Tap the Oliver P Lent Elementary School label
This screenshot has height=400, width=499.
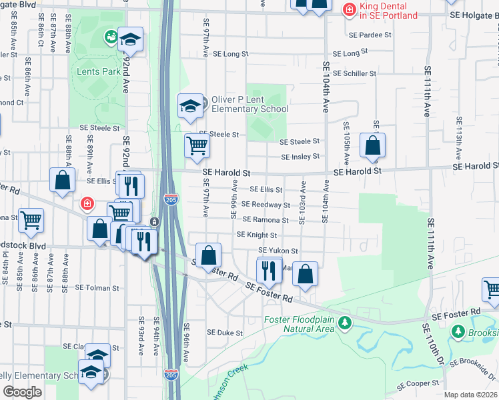point(249,104)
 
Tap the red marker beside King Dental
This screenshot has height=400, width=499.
point(348,9)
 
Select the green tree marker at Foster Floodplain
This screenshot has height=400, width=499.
point(344,324)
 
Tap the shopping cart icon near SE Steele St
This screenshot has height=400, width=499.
point(197,145)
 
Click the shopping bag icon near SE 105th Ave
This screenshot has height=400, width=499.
point(372,145)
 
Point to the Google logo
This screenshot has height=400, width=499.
point(23,392)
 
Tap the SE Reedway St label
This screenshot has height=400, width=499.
point(266,205)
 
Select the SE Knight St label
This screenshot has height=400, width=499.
point(257,235)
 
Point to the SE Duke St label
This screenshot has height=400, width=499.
point(225,333)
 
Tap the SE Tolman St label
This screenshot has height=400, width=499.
point(97,288)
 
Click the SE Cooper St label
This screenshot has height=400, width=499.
point(419,385)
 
